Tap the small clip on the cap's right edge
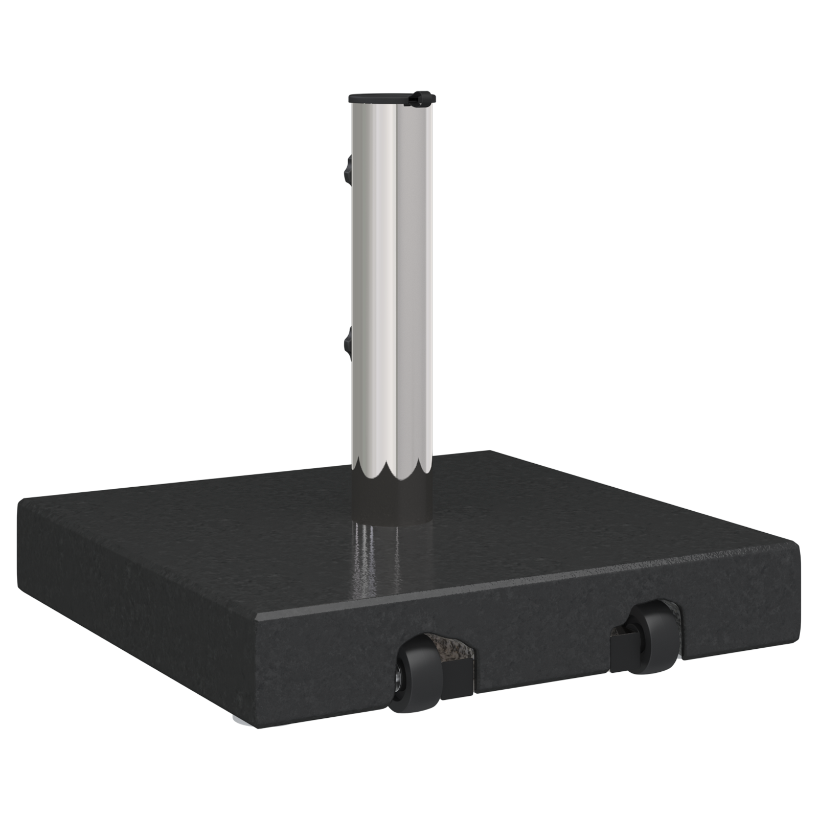[422, 96]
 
